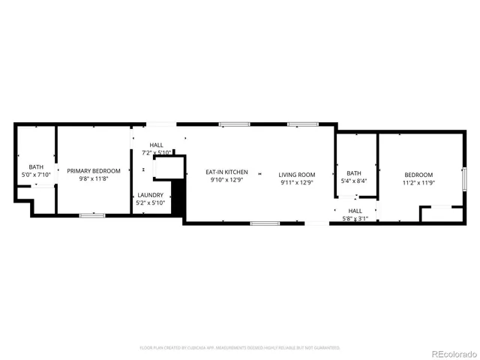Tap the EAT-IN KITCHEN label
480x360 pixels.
[x=226, y=172]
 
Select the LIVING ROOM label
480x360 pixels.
[x=297, y=175]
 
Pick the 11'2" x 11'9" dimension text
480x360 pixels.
[x=418, y=182]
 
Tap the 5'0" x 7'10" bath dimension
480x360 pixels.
[x=36, y=175]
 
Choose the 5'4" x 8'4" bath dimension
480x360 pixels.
[x=353, y=181]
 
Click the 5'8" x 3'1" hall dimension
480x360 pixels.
[x=355, y=218]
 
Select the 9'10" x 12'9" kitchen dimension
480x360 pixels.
[x=226, y=180]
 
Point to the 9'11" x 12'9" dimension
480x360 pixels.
[x=297, y=182]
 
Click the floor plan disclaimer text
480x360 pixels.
[x=240, y=347]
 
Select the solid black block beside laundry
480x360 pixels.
[x=178, y=197]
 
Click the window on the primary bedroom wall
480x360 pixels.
[x=92, y=216]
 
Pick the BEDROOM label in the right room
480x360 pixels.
[x=418, y=175]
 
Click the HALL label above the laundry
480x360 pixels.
[x=157, y=145]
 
